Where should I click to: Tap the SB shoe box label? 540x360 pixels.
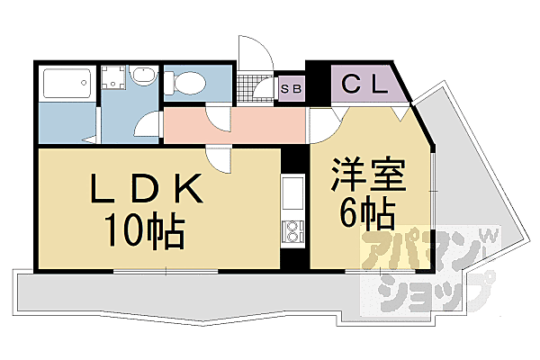(291, 88)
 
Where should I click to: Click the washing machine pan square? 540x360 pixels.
(114, 79)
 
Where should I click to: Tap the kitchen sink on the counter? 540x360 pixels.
(294, 192)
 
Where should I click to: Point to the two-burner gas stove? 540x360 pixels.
(294, 232)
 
